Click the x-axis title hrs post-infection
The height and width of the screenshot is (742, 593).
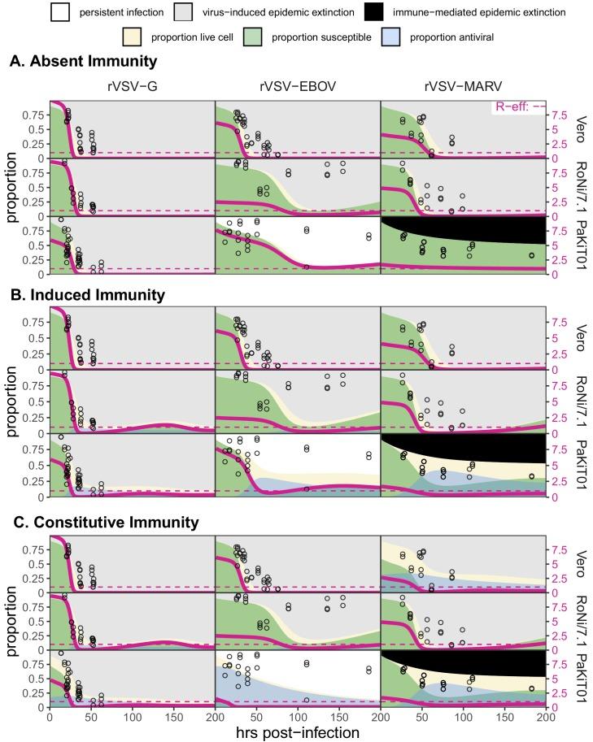[x=296, y=731]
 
